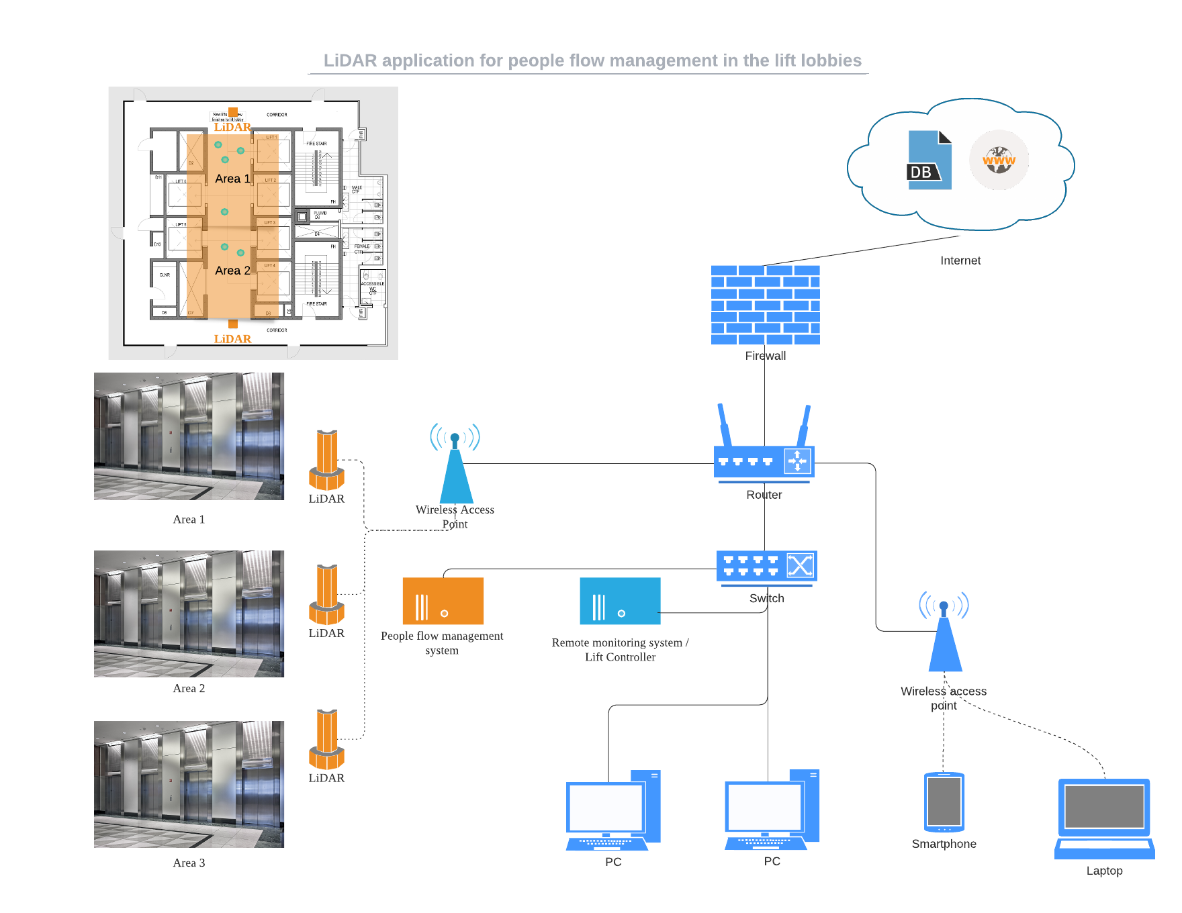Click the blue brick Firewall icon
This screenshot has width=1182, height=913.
coord(765,305)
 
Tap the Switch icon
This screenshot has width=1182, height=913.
coord(766,567)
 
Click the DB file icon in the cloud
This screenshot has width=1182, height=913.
coord(929,161)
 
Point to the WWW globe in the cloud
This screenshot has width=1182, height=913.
coord(999,160)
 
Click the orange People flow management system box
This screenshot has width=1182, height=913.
coord(443,601)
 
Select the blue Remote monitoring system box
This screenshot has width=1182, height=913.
coord(620,601)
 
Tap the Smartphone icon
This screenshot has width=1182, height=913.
coord(944,802)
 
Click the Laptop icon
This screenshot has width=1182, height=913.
coord(1104,819)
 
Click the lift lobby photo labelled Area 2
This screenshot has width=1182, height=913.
coord(189,614)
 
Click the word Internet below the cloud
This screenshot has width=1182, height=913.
coord(960,260)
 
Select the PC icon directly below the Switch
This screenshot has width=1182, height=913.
coord(772,811)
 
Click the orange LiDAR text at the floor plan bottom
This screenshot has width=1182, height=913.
coord(232,339)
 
